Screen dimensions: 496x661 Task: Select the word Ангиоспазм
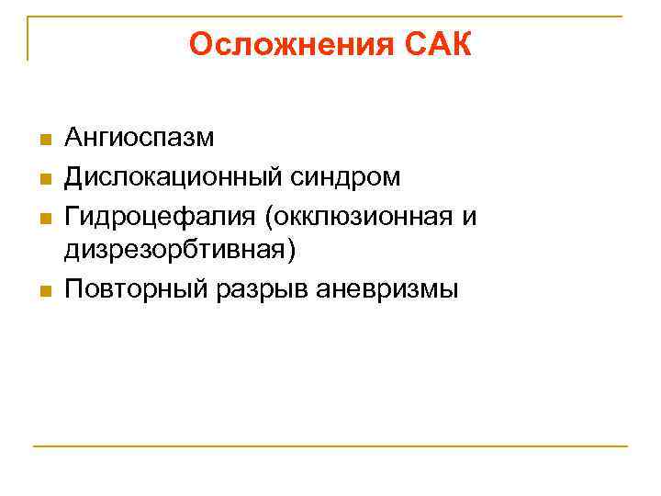(139, 139)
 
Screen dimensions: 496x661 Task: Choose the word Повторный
(135, 289)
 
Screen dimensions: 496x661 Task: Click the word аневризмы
(386, 289)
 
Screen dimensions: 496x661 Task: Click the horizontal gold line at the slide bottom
(330, 446)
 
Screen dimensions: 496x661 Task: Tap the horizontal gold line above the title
(330, 16)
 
